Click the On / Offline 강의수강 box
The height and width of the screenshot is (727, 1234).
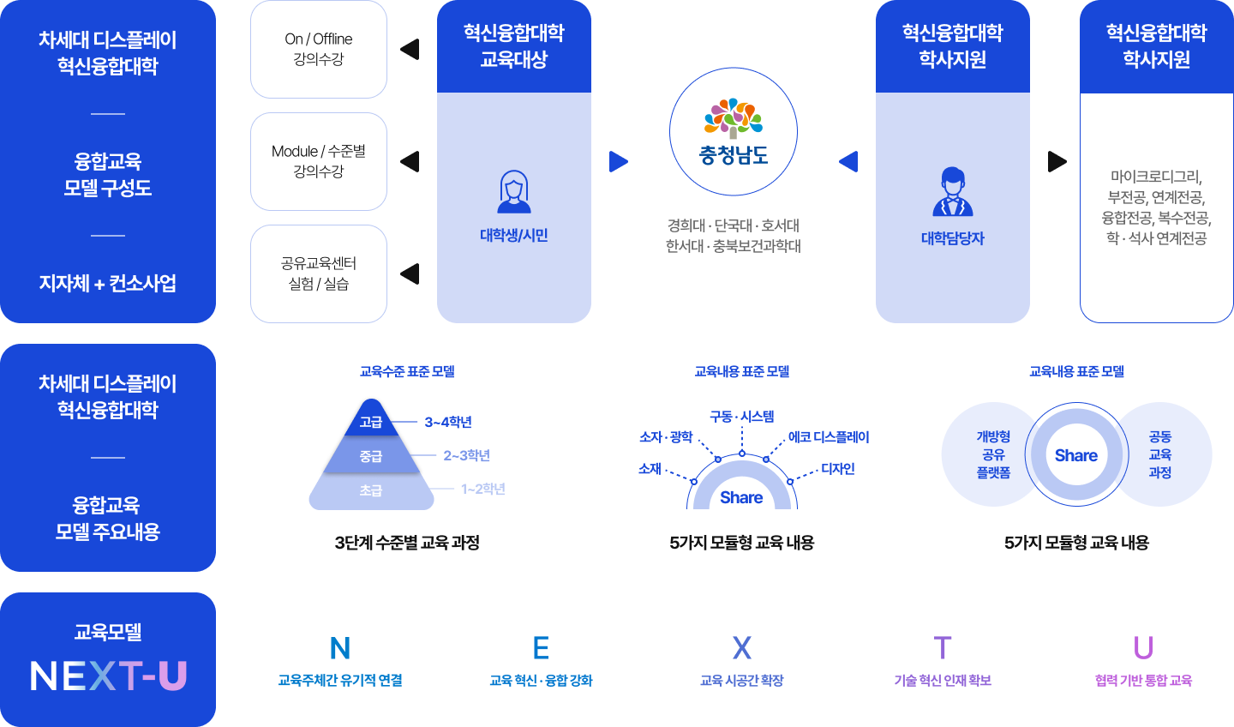coord(319,50)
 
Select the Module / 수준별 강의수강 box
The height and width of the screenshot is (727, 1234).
coord(319,161)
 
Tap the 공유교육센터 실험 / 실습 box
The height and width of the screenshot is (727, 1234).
coord(319,273)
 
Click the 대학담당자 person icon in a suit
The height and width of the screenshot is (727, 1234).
coord(953,192)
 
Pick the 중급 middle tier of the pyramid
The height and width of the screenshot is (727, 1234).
coord(371,456)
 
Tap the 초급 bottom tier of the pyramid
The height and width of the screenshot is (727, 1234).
coord(371,490)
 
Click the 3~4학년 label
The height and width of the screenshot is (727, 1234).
coord(448,422)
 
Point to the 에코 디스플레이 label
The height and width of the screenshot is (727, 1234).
coord(829,437)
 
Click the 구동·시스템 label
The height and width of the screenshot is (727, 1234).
coord(742,417)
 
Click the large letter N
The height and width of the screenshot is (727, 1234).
coord(340,648)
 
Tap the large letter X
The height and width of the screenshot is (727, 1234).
coord(742,648)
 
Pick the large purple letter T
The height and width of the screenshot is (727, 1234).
coord(943,648)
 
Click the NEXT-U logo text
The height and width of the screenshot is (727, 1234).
coord(108,676)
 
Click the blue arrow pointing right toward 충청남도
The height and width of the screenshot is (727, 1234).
coord(618,161)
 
